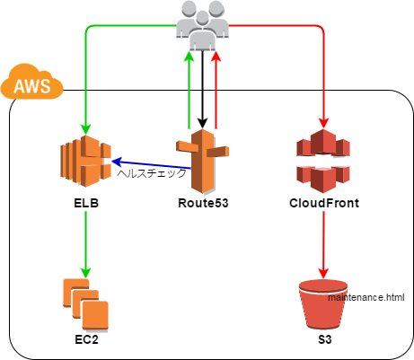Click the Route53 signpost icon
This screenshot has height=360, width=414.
[202, 162]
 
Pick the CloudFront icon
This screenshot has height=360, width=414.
[322, 162]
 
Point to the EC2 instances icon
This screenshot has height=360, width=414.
[85, 303]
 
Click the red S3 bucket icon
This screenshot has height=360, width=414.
[323, 304]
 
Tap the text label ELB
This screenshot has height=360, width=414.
[85, 204]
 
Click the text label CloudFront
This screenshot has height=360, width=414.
[323, 204]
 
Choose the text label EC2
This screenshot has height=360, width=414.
[86, 342]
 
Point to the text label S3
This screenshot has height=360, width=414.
[324, 342]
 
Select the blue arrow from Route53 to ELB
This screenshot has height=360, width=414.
[144, 160]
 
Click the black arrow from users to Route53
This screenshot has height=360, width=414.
[202, 90]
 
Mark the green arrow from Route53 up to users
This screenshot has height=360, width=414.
[189, 90]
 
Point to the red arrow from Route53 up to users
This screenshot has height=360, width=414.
[216, 90]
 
